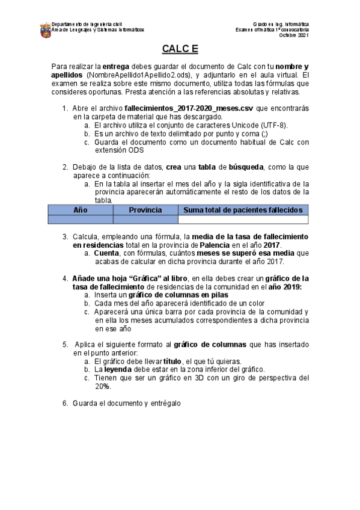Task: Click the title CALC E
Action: click(180, 49)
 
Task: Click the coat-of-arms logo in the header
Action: click(45, 29)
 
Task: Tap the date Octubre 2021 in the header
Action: click(294, 35)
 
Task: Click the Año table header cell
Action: click(79, 210)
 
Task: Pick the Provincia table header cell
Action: click(145, 210)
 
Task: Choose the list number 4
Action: click(66, 278)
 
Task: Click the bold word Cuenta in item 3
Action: click(107, 253)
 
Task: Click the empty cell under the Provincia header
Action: click(145, 220)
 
